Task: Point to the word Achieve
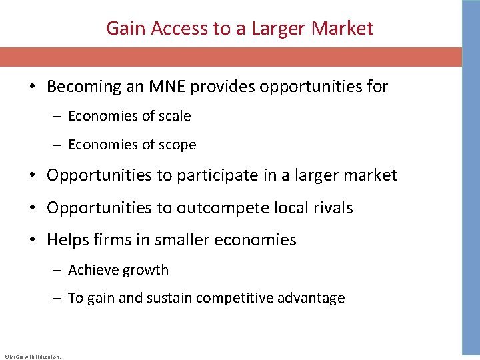92,270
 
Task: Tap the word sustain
171,298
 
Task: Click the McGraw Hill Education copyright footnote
32,357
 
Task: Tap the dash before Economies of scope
59,145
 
